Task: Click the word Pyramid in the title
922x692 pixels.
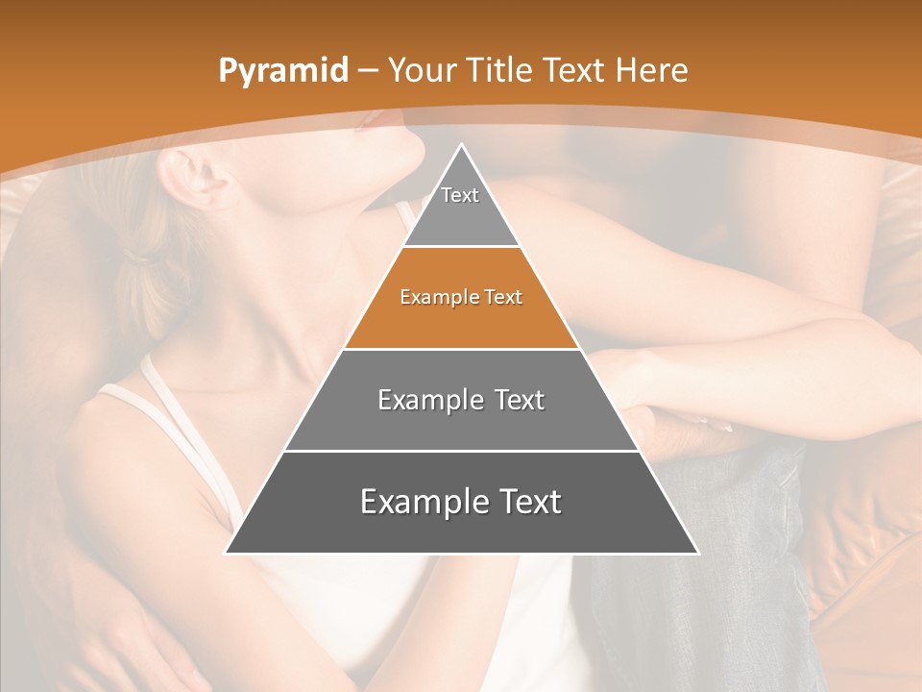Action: point(282,71)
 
